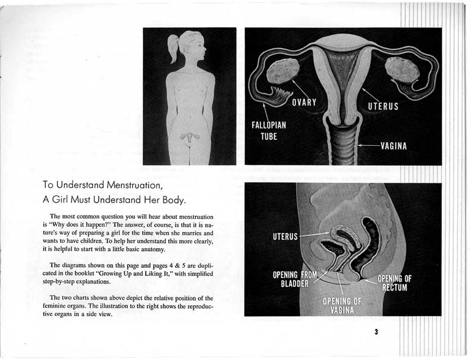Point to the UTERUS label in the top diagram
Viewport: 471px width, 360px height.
382,107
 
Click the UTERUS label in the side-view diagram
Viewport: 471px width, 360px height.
285,236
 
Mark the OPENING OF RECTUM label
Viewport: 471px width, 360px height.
395,283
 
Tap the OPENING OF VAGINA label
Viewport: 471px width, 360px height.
342,305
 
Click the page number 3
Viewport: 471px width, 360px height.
376,332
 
